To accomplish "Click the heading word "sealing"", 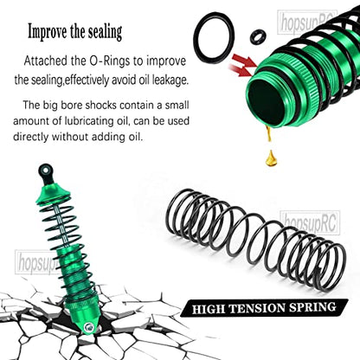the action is click(x=105, y=32).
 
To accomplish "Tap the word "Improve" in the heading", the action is click(x=48, y=32).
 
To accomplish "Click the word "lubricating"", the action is click(x=94, y=121).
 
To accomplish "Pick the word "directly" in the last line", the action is click(x=30, y=136).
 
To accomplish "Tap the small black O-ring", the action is click(x=258, y=36).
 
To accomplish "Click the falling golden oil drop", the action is click(x=272, y=157).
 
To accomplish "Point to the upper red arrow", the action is click(x=245, y=61).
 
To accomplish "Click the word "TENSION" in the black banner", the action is click(x=258, y=308).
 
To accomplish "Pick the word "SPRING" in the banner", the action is click(x=313, y=307).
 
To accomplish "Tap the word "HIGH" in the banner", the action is click(x=209, y=310).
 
